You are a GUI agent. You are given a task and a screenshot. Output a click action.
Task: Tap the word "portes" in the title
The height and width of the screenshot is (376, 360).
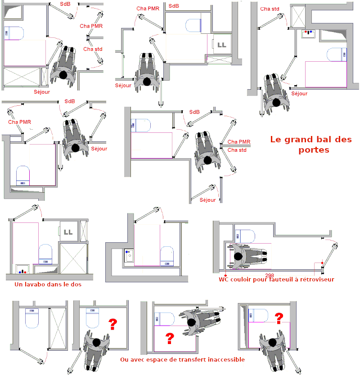pyautogui.click(x=314, y=150)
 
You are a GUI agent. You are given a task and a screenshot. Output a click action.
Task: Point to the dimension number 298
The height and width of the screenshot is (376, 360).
pyautogui.click(x=270, y=275)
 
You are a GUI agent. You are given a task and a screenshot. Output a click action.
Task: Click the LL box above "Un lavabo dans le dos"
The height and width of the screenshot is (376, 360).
pyautogui.click(x=68, y=232)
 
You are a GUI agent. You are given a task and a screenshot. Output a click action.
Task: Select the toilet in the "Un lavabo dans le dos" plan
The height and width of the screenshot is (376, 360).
pyautogui.click(x=45, y=254)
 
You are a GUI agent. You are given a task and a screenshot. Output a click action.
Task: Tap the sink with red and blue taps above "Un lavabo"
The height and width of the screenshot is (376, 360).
pyautogui.click(x=22, y=269)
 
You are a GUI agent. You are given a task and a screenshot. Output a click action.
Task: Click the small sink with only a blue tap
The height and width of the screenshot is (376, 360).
pyautogui.click(x=129, y=255)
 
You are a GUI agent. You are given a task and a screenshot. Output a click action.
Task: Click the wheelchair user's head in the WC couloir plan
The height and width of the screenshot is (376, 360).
pyautogui.click(x=238, y=257)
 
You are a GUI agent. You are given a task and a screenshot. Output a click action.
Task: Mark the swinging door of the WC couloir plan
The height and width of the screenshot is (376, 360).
pyautogui.click(x=329, y=256)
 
